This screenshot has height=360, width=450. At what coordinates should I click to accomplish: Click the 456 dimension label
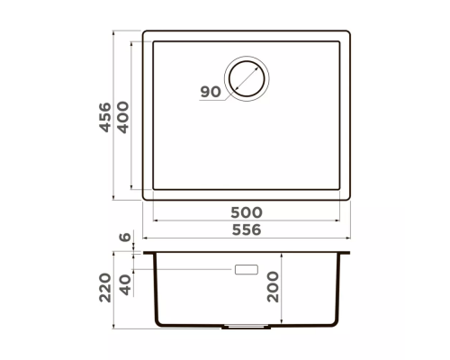coord(105,117)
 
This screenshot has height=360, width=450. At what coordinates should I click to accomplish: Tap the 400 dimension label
coord(123,117)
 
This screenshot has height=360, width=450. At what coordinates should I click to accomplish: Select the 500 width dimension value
coord(247,212)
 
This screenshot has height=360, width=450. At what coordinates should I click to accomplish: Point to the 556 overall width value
coord(247,230)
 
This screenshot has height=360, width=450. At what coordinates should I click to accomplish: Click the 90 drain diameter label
coord(211,92)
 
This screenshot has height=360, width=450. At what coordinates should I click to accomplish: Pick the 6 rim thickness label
coord(125,237)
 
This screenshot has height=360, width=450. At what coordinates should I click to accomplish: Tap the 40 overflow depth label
coord(125,285)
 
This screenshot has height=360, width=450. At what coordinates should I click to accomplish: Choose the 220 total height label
coord(105,287)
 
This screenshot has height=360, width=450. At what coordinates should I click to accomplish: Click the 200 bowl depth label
coord(273,287)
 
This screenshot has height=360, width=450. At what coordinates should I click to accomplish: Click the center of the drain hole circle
coord(247,78)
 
